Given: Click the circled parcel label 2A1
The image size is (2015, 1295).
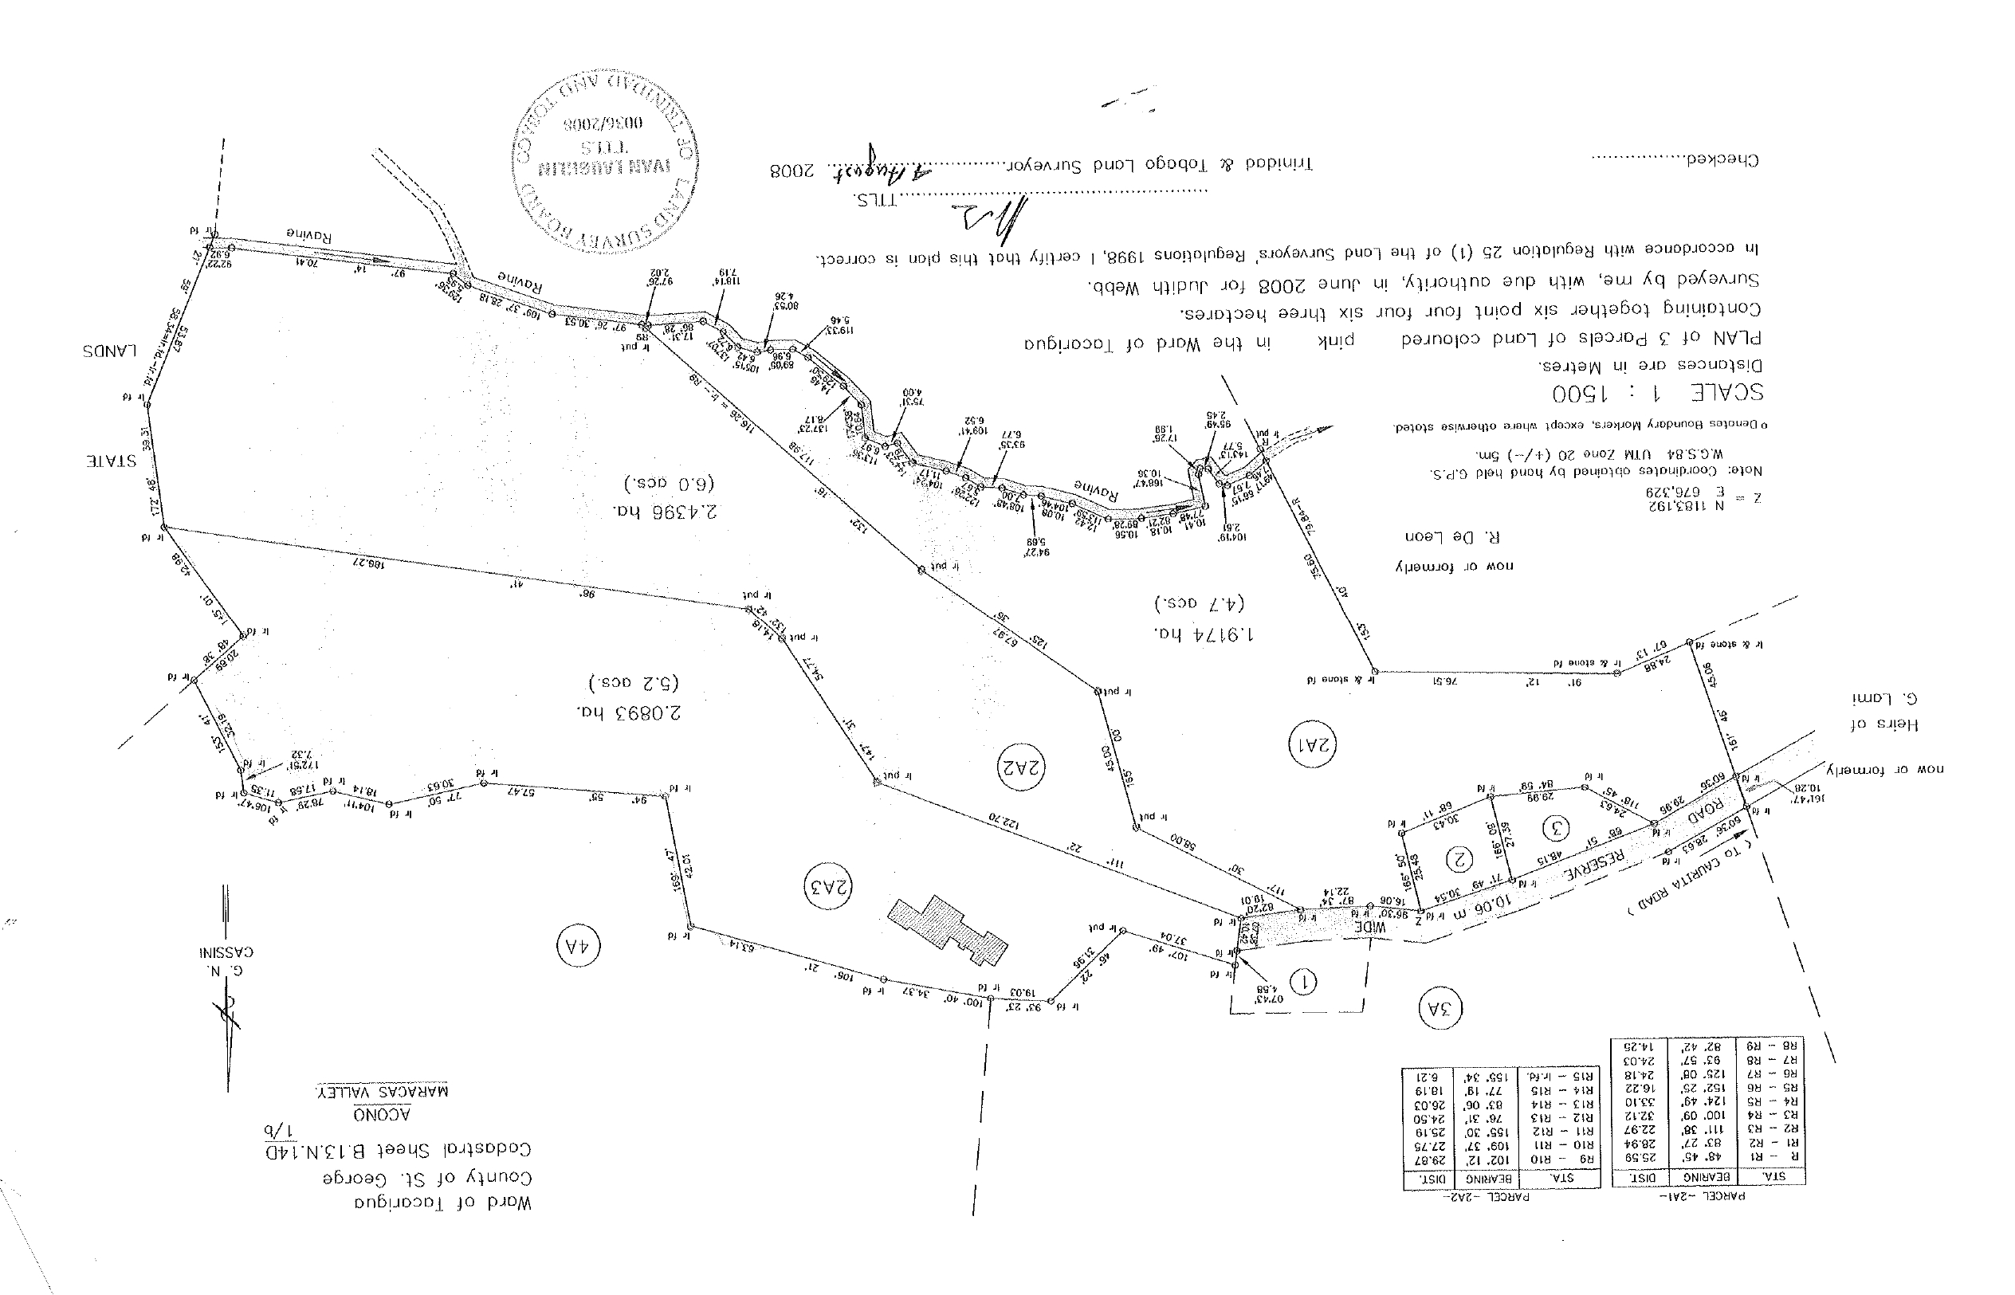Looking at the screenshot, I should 1313,744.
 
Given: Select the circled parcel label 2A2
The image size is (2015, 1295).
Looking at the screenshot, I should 1021,767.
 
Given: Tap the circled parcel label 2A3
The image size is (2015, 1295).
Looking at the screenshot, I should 827,886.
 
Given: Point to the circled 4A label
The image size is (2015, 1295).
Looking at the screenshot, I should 579,946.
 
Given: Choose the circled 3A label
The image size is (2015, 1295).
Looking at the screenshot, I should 1440,1008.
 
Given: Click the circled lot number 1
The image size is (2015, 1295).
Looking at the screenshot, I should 1303,980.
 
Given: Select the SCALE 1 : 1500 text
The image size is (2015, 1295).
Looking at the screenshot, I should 1657,393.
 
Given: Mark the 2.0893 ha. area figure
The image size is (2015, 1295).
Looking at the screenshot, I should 628,712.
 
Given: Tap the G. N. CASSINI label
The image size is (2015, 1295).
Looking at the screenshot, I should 226,962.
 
